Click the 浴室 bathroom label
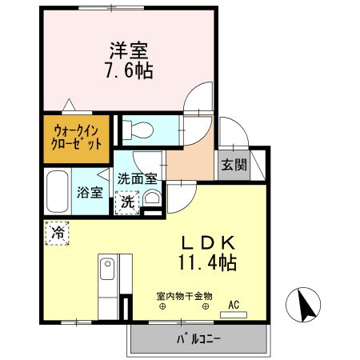click(x=89, y=192)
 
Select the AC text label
click(x=234, y=303)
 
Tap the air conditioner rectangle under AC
click(x=234, y=314)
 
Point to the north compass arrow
click(x=306, y=305)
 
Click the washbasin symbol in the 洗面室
click(x=153, y=198)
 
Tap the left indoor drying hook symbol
click(x=162, y=306)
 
